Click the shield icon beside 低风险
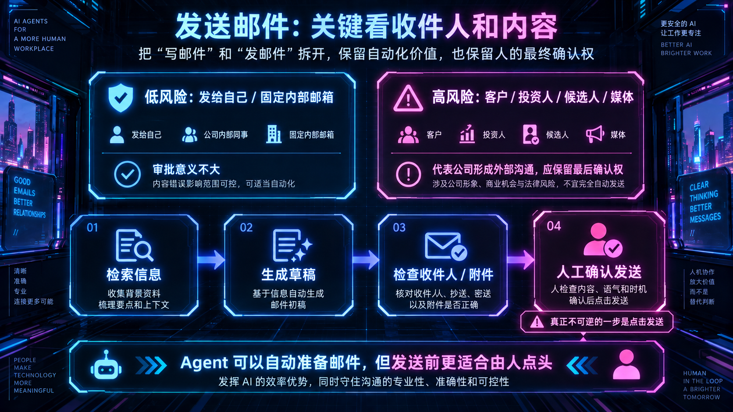pyautogui.click(x=121, y=97)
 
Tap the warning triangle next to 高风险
pyautogui.click(x=408, y=99)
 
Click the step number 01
pyautogui.click(x=92, y=227)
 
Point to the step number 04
pyautogui.click(x=554, y=226)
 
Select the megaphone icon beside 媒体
pyautogui.click(x=595, y=134)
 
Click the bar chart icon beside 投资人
pyautogui.click(x=467, y=134)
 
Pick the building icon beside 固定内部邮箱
pyautogui.click(x=274, y=134)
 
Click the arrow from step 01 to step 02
pyautogui.click(x=211, y=260)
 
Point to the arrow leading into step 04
pyautogui.click(x=521, y=260)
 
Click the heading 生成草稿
pyautogui.click(x=288, y=275)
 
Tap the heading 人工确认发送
pyautogui.click(x=599, y=272)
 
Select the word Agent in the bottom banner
pyautogui.click(x=204, y=363)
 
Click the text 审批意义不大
pyautogui.click(x=186, y=169)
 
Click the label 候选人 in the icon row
pyautogui.click(x=557, y=134)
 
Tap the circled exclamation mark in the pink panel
pyautogui.click(x=409, y=174)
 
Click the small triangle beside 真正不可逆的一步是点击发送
pyautogui.click(x=537, y=322)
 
